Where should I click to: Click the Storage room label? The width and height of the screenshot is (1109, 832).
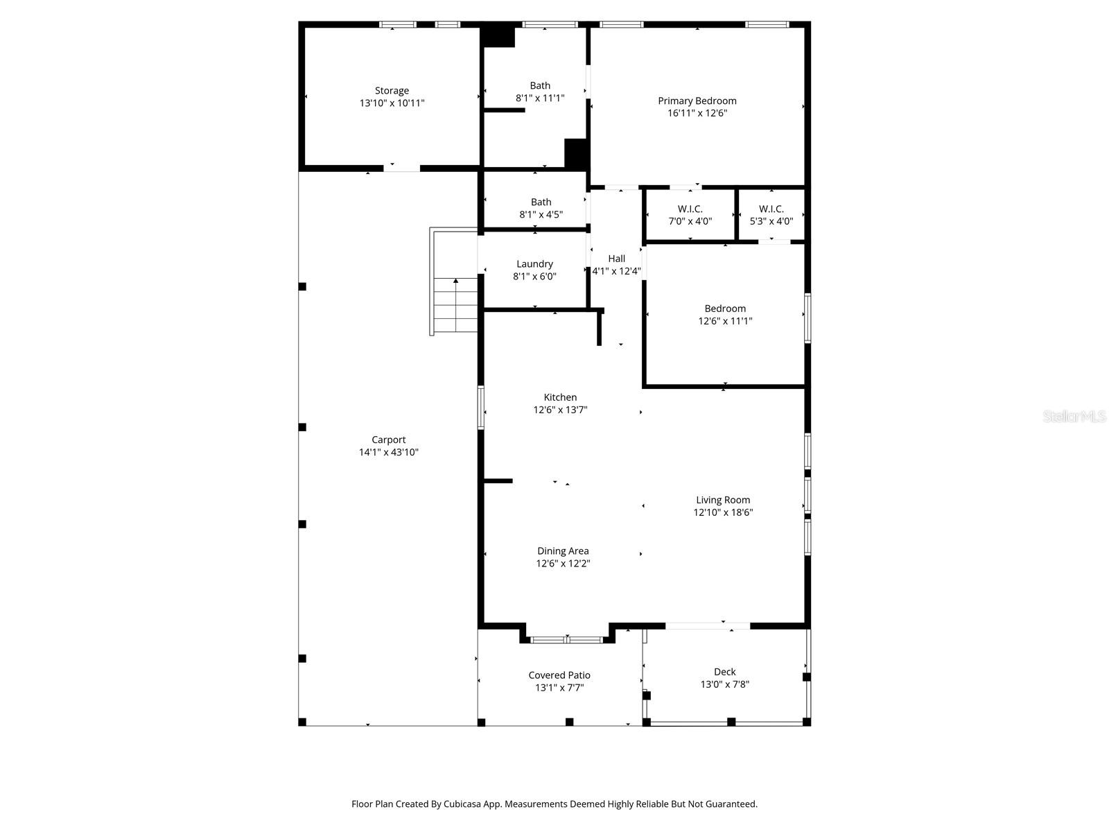(392, 91)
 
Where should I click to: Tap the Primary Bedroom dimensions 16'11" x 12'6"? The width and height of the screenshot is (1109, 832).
(697, 113)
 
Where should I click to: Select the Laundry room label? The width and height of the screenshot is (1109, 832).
(534, 264)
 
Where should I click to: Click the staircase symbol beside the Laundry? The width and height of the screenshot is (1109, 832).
(455, 305)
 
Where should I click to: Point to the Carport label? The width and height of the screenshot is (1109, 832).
(388, 440)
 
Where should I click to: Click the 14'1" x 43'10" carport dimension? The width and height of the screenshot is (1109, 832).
(388, 452)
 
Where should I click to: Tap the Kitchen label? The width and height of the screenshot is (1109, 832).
(560, 397)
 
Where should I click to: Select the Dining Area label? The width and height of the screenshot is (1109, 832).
(563, 551)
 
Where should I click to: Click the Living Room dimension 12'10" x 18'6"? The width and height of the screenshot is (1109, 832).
(723, 512)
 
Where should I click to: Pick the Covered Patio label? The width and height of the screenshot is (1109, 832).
(559, 675)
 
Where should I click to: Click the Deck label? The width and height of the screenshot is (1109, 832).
(724, 672)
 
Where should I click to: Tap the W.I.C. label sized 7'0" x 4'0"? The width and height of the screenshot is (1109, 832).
(690, 209)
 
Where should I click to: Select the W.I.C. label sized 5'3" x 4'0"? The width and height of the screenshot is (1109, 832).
(771, 209)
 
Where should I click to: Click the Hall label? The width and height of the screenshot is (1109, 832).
(616, 259)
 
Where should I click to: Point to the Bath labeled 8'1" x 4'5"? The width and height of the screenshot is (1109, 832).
(541, 202)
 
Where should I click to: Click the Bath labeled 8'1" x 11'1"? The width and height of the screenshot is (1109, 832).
(540, 86)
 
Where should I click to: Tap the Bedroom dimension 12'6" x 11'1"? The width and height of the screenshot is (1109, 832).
(725, 321)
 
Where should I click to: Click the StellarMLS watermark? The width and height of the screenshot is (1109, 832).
(1075, 417)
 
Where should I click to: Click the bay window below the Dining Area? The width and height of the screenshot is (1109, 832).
(566, 639)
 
